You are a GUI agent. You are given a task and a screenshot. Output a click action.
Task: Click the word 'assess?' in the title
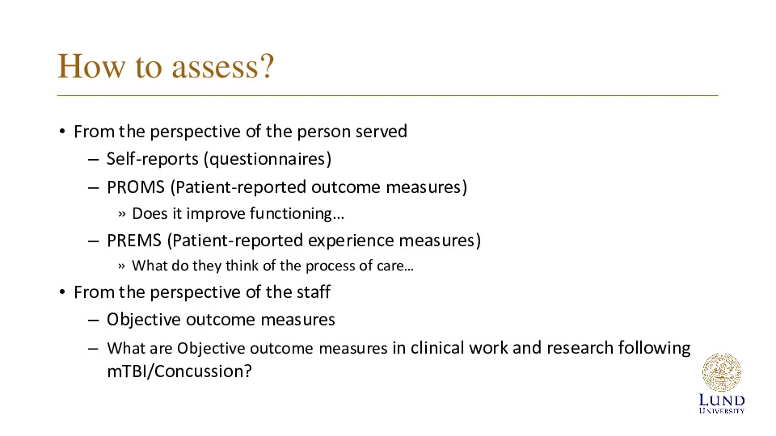(223, 67)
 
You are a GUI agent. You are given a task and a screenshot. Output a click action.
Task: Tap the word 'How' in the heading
(91, 65)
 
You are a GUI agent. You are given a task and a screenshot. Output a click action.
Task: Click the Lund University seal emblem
(722, 372)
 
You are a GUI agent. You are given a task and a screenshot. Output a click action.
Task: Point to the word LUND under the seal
(722, 400)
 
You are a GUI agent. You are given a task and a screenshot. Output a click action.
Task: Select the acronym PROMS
(136, 187)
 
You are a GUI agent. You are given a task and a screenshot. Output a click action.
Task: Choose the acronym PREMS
(134, 241)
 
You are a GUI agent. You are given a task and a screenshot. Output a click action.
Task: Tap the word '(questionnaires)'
(268, 159)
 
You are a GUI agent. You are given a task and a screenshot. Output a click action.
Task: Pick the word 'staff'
(314, 291)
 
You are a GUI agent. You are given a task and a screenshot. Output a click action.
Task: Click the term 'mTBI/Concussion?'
(179, 371)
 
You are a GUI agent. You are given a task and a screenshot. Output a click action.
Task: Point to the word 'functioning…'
(297, 213)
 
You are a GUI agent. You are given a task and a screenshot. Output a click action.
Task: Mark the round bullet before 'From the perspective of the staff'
(62, 292)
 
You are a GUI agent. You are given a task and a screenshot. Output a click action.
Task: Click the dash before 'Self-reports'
(93, 160)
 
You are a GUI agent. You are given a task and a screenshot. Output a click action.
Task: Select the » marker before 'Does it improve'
(122, 214)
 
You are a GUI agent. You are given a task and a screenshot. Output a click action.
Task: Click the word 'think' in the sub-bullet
(242, 266)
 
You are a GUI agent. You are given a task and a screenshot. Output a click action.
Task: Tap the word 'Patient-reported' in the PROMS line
(238, 187)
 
